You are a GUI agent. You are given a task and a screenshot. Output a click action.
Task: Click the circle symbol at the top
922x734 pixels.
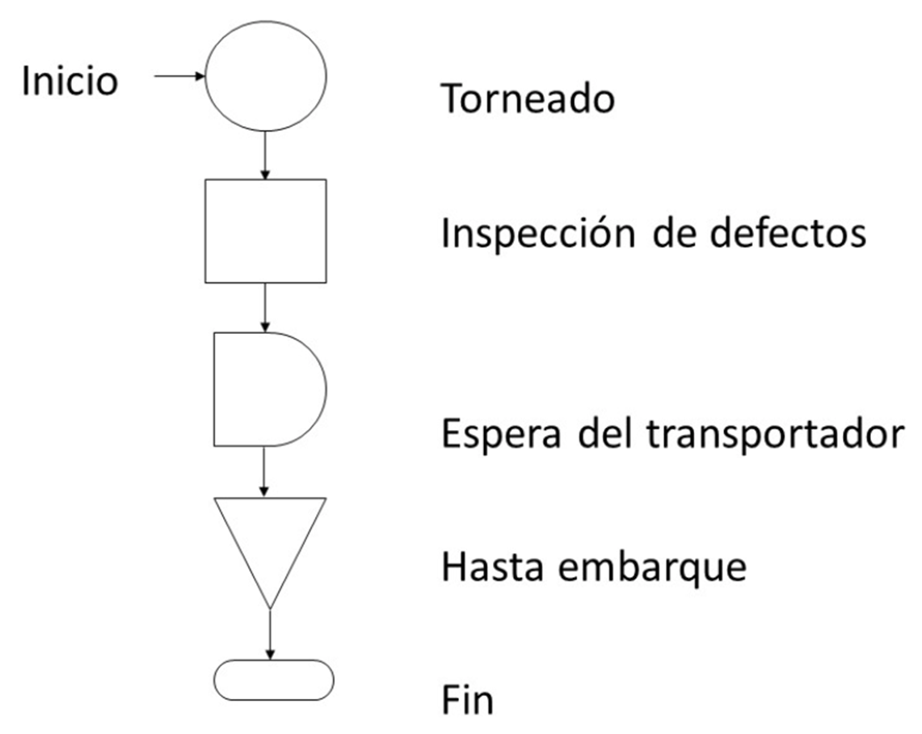[266, 77]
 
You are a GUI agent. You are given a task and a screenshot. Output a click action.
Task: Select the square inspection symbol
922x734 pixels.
[266, 231]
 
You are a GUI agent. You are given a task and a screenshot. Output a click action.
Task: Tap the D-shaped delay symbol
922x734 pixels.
[267, 389]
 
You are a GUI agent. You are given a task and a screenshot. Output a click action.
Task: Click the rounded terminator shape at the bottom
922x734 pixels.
[274, 680]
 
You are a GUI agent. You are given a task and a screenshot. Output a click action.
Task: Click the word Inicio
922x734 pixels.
[69, 81]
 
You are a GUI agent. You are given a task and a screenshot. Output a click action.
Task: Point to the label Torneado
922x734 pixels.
[528, 99]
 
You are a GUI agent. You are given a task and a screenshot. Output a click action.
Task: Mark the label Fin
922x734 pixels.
[466, 700]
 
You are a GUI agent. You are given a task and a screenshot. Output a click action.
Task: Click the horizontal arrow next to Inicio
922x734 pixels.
[179, 77]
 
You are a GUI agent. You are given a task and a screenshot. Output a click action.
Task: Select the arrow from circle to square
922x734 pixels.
[266, 156]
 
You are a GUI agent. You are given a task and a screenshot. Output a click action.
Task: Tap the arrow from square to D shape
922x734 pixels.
[266, 307]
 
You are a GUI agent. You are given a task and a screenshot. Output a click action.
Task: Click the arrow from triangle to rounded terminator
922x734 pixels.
[270, 635]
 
